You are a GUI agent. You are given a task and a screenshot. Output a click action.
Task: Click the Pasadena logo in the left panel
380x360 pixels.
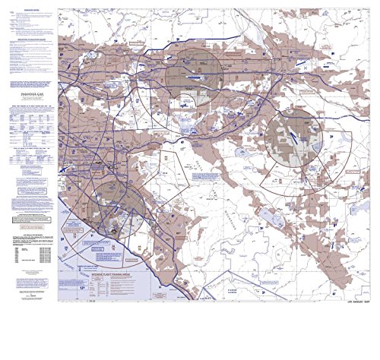(29, 95)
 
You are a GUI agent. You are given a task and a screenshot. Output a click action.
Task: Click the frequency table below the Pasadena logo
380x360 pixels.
(29, 121)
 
